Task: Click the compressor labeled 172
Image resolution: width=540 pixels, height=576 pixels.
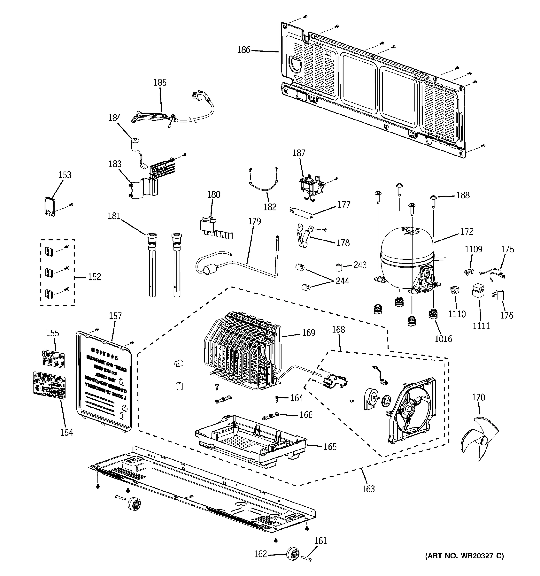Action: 406,255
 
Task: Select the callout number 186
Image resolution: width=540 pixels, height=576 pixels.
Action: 243,50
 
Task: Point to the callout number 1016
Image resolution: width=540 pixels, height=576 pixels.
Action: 443,338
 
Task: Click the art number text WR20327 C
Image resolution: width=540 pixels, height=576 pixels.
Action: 464,556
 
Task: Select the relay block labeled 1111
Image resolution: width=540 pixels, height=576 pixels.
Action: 478,291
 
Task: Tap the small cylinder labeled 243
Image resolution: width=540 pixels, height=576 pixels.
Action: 339,267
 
